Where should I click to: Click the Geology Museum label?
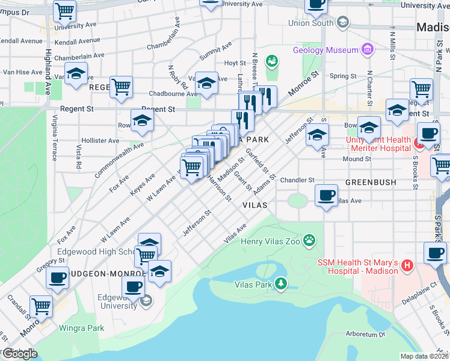coord(325,50)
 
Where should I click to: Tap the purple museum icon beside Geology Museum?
coord(367,49)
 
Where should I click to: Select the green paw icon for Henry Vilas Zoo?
coord(309,241)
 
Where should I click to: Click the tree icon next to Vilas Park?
coord(281,283)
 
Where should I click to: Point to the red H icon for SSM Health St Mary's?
coord(407,265)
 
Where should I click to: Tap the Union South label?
coord(310,23)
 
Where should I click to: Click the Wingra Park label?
coord(81,328)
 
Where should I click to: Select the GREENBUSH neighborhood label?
coord(370,181)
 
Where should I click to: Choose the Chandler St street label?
coord(297,180)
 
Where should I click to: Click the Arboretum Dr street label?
coord(365,335)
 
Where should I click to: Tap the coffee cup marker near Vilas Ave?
coord(326,196)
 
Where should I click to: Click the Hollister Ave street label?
coord(101,140)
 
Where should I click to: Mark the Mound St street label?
coord(357,159)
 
